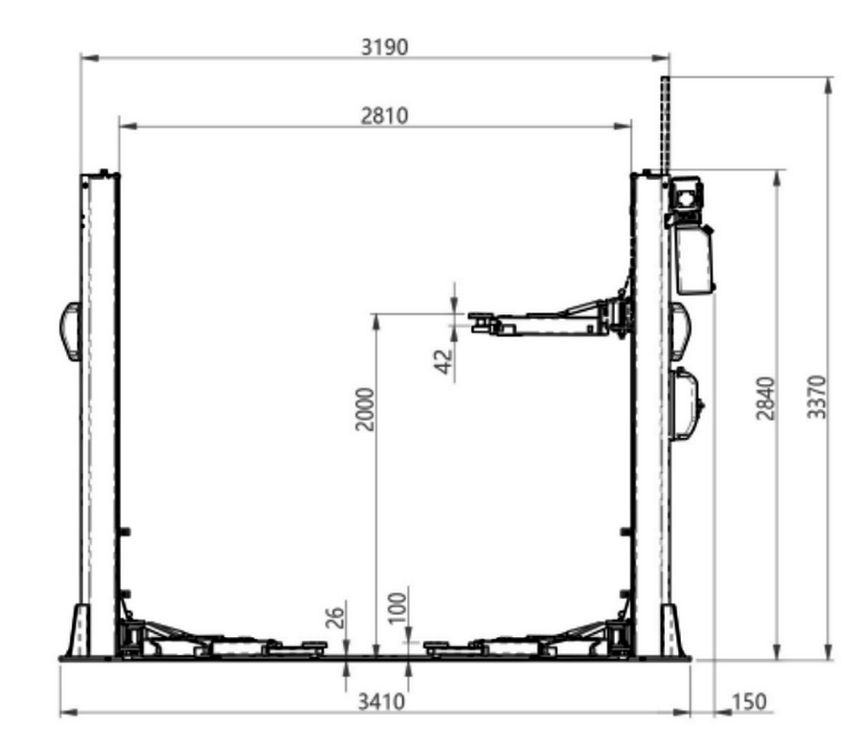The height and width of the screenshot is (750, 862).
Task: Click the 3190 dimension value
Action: point(384,47)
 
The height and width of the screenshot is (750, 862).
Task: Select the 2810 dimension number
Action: point(384,116)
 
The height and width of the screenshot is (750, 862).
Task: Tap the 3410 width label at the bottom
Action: point(381,701)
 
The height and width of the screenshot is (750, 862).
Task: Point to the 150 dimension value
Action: point(749,701)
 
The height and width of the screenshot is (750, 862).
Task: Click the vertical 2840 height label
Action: point(766,398)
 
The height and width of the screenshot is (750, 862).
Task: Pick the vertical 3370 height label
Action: point(816,397)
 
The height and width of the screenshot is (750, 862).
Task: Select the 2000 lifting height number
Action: point(365,410)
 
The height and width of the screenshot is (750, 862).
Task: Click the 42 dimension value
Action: point(443,361)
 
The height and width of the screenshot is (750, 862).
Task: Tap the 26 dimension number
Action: point(335,617)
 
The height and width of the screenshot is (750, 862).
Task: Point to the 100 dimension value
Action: point(397,608)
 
